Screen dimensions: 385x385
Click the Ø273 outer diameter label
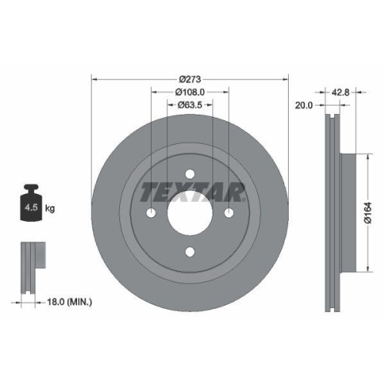click(x=189, y=78)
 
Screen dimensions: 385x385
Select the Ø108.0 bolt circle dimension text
click(x=189, y=91)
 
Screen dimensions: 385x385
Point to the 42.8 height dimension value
click(x=340, y=92)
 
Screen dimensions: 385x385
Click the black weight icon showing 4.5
click(x=30, y=205)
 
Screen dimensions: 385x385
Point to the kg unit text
click(x=50, y=209)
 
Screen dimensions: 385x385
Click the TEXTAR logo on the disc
click(x=192, y=189)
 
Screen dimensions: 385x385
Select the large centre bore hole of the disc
click(x=189, y=213)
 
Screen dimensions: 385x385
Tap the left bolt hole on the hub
click(x=151, y=213)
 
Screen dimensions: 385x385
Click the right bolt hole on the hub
click(x=229, y=213)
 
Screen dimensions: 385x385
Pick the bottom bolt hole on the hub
click(x=189, y=252)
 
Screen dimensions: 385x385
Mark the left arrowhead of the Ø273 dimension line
click(x=95, y=78)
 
